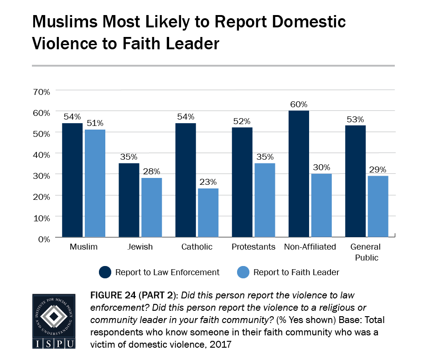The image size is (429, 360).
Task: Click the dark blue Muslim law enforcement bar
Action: coord(72,180)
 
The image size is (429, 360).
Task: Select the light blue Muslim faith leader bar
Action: coord(94,183)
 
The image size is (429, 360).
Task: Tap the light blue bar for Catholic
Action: coord(207,213)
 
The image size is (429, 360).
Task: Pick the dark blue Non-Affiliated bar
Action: coord(299,174)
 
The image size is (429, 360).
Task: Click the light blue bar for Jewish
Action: coord(151,208)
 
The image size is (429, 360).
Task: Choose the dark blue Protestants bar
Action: coord(242,182)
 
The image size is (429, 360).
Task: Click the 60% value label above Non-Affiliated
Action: coord(299,104)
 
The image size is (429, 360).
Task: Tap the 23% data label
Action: coord(207,182)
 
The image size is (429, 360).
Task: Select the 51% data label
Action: coord(94,123)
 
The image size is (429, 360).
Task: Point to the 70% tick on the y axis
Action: coord(41,91)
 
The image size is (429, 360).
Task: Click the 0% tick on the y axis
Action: coord(44,238)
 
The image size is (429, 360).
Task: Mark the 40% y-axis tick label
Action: coord(41,154)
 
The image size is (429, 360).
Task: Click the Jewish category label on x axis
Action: coord(140,247)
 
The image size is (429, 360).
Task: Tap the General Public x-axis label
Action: coord(366,252)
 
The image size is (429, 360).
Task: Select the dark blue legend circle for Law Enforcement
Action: coord(105,272)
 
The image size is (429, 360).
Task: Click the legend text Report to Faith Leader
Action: coord(296,272)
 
